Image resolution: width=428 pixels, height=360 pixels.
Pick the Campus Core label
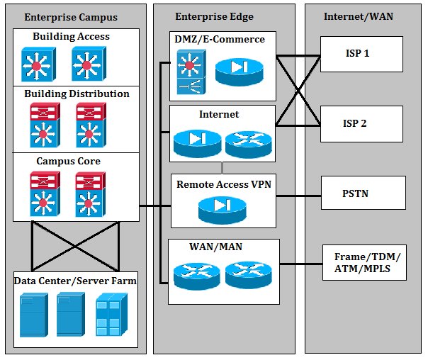pos(69,161)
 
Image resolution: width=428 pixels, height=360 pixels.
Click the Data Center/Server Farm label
pos(75,281)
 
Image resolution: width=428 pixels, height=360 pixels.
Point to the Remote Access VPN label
pos(223,184)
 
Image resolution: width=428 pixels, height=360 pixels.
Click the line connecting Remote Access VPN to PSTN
pos(298,192)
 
